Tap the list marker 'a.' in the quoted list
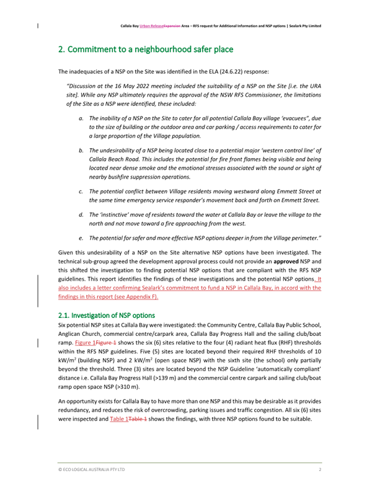81,118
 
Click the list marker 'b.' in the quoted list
81,151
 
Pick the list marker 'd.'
81,214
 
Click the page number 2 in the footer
319,470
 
